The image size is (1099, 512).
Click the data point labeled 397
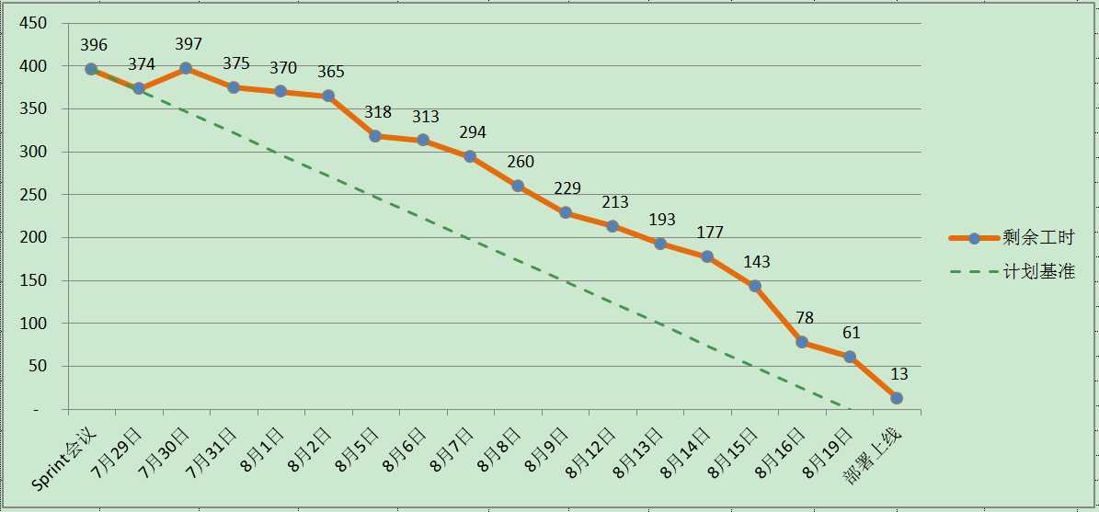186,68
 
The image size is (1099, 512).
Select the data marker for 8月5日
375,136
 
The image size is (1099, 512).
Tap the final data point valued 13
897,398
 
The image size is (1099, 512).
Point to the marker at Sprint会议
91,69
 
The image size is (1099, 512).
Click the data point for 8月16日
802,342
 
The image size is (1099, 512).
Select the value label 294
473,132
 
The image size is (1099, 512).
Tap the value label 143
757,262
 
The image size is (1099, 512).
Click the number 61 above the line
851,333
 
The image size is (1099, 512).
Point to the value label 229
567,188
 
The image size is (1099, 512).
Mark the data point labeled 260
518,186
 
